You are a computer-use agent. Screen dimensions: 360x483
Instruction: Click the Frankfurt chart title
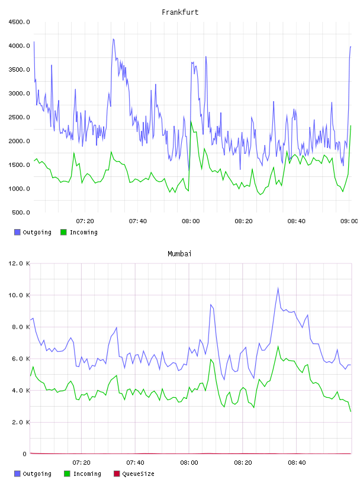(x=180, y=12)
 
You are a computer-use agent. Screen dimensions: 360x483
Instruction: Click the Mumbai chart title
(x=179, y=254)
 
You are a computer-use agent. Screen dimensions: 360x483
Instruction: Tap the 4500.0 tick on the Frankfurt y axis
(x=19, y=22)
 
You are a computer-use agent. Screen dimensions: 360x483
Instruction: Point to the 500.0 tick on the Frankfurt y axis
(x=21, y=212)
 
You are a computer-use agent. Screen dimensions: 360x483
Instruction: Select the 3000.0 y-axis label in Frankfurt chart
(x=19, y=94)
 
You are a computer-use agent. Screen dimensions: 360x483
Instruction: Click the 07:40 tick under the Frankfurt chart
(x=138, y=221)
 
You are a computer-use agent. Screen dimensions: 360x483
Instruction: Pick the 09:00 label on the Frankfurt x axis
(x=349, y=221)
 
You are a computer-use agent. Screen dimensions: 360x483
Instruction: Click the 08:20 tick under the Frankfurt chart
(x=243, y=221)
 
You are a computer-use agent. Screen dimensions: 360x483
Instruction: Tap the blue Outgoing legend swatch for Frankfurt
(x=17, y=232)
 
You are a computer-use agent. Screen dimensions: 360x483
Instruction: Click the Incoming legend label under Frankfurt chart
(x=83, y=232)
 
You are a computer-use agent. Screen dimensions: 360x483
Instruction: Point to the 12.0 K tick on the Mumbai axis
(x=19, y=263)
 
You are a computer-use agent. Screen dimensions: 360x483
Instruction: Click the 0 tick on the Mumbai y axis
(x=25, y=454)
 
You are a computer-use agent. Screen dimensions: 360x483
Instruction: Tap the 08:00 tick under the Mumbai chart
(x=189, y=463)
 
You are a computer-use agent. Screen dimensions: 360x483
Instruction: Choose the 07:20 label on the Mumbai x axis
(x=81, y=463)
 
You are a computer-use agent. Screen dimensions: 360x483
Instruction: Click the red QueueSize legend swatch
(x=117, y=474)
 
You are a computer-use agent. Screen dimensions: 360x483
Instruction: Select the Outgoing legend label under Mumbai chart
(x=37, y=474)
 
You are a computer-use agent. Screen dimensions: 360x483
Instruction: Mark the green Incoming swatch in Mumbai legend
(x=67, y=474)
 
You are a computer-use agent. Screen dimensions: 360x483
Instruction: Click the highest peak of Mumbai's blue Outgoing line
(x=278, y=288)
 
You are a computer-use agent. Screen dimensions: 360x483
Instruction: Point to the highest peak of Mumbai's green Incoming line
(x=278, y=346)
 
